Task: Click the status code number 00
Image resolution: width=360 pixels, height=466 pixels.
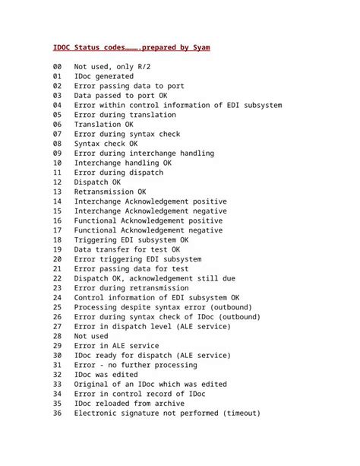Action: [x=58, y=68]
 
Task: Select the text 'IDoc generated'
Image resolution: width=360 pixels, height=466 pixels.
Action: [x=103, y=77]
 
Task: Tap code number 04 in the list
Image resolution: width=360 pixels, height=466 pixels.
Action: [x=58, y=106]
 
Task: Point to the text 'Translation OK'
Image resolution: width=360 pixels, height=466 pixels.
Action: [x=103, y=125]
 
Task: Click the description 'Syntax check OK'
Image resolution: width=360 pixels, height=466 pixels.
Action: [x=106, y=144]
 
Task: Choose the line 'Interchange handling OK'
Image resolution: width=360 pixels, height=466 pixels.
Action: [x=122, y=163]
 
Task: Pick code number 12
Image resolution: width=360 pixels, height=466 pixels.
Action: [x=58, y=182]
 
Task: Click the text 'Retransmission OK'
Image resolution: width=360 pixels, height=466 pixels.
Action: [x=110, y=192]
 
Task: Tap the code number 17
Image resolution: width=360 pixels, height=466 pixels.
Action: [x=58, y=230]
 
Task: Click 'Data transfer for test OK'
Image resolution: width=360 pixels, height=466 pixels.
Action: [x=127, y=249]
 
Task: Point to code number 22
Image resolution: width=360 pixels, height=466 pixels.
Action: [x=58, y=278]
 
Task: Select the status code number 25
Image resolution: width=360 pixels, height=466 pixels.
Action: [x=58, y=307]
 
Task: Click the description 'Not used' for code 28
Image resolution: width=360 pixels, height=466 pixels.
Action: [x=91, y=336]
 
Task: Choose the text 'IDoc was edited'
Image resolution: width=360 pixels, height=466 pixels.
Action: [x=106, y=375]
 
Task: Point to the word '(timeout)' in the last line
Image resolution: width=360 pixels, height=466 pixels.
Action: [x=237, y=414]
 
